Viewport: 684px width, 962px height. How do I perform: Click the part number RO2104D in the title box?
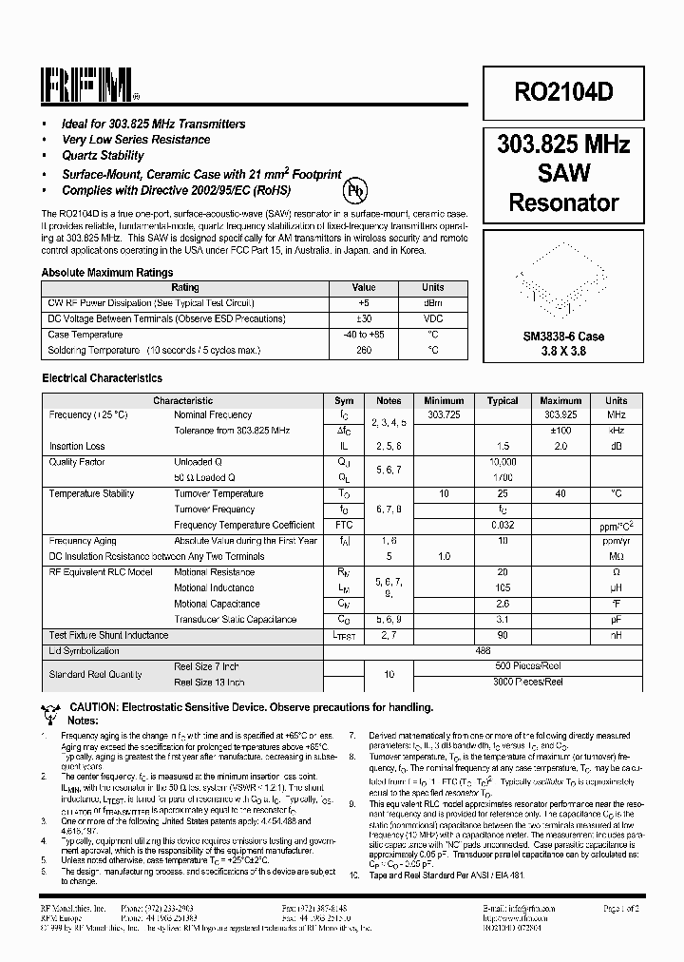coord(563,91)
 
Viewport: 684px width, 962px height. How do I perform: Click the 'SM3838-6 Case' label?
coord(563,337)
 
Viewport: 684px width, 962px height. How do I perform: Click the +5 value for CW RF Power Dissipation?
coord(364,303)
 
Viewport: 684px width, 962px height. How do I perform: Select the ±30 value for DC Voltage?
coord(364,319)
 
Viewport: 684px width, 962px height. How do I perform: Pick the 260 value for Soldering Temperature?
coord(364,351)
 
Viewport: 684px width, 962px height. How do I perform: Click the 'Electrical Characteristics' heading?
coord(102,378)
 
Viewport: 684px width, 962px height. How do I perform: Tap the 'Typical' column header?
coord(503,401)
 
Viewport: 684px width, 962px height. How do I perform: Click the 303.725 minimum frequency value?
coord(444,415)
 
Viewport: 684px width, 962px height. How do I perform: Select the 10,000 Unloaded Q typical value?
coord(503,461)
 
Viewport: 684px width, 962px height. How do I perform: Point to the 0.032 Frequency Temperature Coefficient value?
coord(503,526)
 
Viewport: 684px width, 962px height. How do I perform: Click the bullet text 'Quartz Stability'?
coord(103,156)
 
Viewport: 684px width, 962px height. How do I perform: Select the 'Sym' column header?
coord(345,401)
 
